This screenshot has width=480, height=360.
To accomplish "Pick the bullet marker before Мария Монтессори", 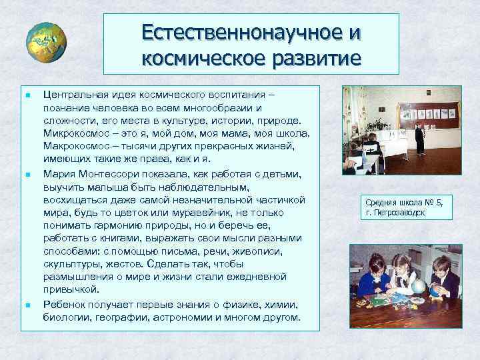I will (x=25, y=174).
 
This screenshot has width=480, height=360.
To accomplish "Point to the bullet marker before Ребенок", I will (x=25, y=305).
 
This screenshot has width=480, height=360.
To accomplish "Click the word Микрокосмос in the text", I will (x=75, y=134).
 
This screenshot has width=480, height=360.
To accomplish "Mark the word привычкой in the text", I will (x=70, y=290).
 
